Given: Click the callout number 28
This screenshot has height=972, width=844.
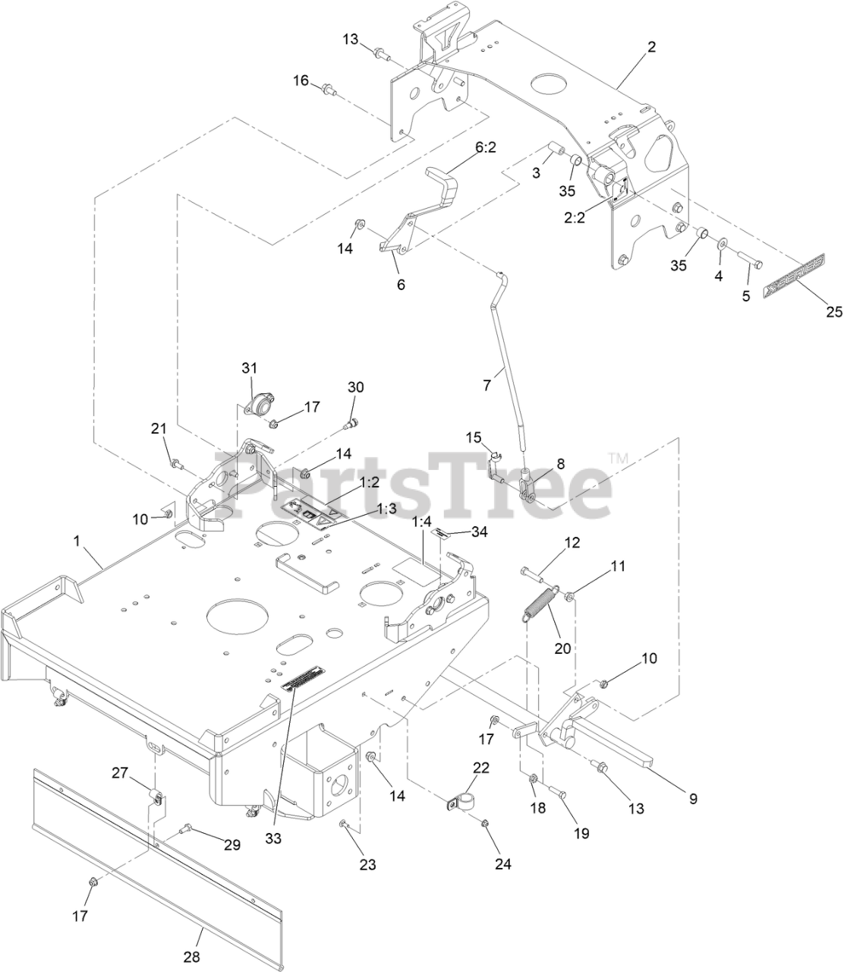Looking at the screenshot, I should pyautogui.click(x=192, y=957).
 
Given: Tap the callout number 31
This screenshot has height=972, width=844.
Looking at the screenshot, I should pyautogui.click(x=250, y=368).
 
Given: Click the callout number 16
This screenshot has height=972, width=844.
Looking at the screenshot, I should pyautogui.click(x=301, y=80).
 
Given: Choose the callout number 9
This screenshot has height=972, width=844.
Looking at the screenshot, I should pyautogui.click(x=692, y=798).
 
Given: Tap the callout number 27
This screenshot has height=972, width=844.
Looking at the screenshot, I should pyautogui.click(x=120, y=773).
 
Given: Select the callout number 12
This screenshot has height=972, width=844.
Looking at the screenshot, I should pyautogui.click(x=572, y=542).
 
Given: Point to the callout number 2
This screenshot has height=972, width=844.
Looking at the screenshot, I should pyautogui.click(x=650, y=46).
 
